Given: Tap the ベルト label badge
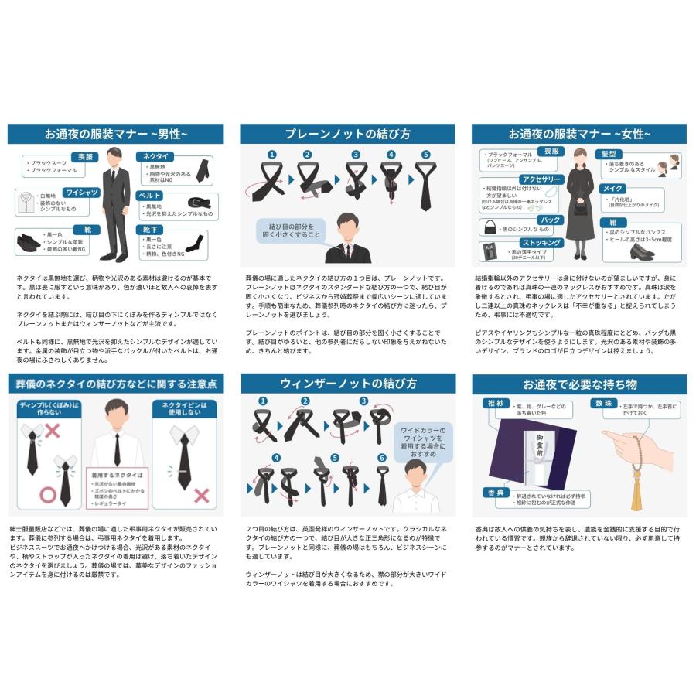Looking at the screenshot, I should coord(149,196).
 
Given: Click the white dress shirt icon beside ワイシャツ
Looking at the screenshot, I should coord(26,203).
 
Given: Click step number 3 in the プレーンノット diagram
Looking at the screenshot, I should coord(357,155).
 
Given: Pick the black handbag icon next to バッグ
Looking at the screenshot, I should coord(491,227).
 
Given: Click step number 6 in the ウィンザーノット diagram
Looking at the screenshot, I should coord(381,459).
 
